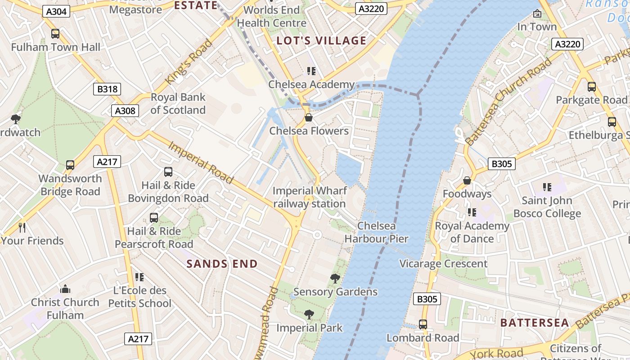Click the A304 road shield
pyautogui.click(x=57, y=11)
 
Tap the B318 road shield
pyautogui.click(x=108, y=89)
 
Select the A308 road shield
pyautogui.click(x=125, y=111)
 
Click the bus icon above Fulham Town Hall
pyautogui.click(x=55, y=34)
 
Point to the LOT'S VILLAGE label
pyautogui.click(x=321, y=41)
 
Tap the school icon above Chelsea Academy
pyautogui.click(x=311, y=71)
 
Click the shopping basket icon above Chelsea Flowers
pyautogui.click(x=309, y=118)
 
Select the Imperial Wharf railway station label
pyautogui.click(x=310, y=197)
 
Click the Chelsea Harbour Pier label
pyautogui.click(x=376, y=232)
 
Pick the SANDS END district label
pyautogui.click(x=222, y=264)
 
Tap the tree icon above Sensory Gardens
pyautogui.click(x=335, y=279)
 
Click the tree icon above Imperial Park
pyautogui.click(x=309, y=314)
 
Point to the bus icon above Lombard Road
pyautogui.click(x=423, y=324)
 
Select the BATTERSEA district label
pyautogui.click(x=535, y=323)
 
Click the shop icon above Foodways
pyautogui.click(x=467, y=180)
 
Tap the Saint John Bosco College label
pyautogui.click(x=547, y=207)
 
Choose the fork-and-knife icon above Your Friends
pyautogui.click(x=22, y=228)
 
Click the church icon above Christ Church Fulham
pyautogui.click(x=65, y=289)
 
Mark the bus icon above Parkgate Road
pyautogui.click(x=591, y=87)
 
